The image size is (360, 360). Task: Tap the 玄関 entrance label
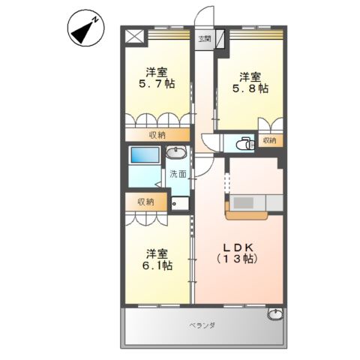pos(203,38)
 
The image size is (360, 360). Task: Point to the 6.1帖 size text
pos(157,265)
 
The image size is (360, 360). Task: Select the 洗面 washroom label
pos(178,174)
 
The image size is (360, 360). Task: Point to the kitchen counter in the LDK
pos(254,204)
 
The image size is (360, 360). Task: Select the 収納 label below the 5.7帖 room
pos(157,135)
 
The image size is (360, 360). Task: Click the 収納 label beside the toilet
pos(268,140)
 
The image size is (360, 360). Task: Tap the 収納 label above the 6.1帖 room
pos(145,202)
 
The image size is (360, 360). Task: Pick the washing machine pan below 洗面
pos(180,202)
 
